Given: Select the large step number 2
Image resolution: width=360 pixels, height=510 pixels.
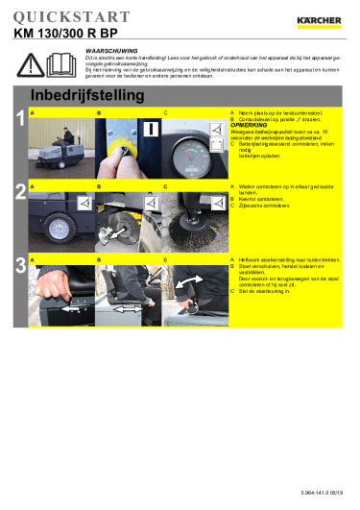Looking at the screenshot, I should (20, 191).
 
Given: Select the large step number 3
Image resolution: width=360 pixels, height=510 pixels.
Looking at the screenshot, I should (20, 265).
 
